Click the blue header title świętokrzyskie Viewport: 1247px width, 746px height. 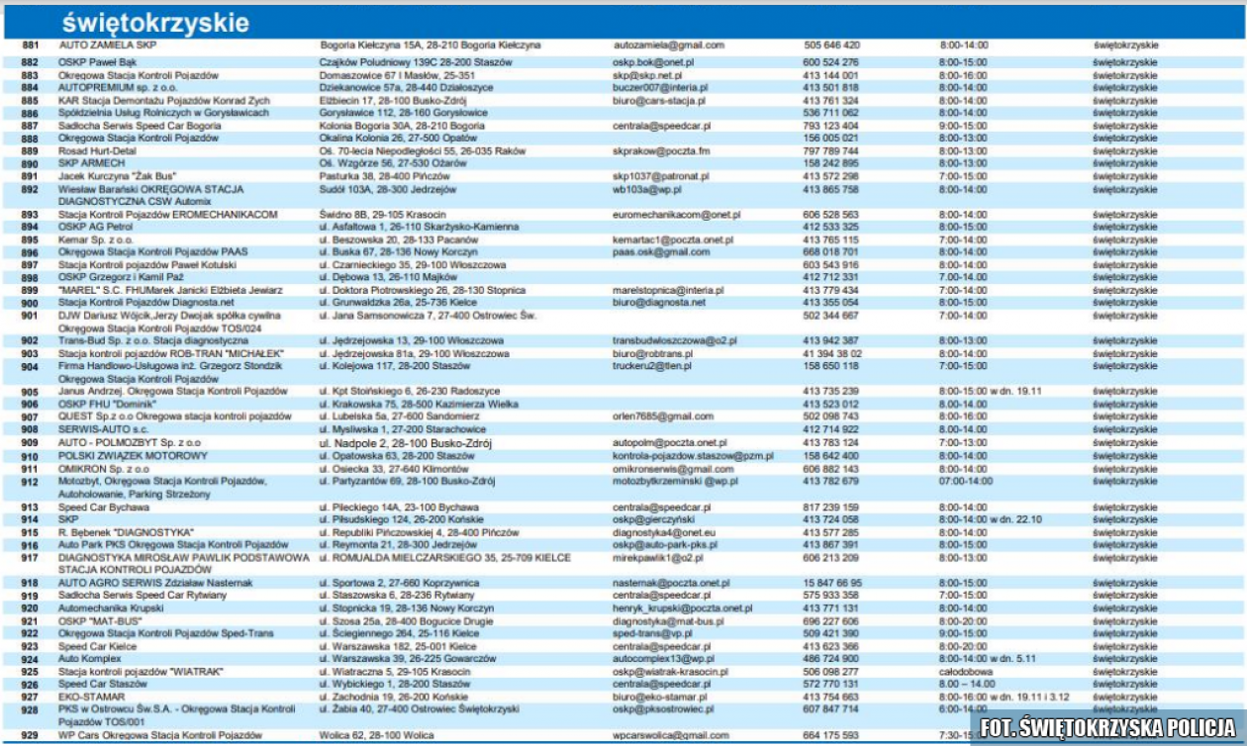point(155,23)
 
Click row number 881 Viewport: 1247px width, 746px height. point(30,46)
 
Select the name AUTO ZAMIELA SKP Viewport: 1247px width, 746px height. point(108,46)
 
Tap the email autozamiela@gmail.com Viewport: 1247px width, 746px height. point(669,46)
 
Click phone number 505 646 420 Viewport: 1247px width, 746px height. point(831,46)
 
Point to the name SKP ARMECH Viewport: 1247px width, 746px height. point(91,163)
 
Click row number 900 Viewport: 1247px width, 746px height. point(30,303)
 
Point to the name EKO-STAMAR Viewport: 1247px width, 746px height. point(92,697)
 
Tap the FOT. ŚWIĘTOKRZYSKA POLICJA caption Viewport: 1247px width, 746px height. point(1108,725)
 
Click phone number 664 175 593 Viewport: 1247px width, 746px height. point(831,735)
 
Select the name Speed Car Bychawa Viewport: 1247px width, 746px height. point(103,506)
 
